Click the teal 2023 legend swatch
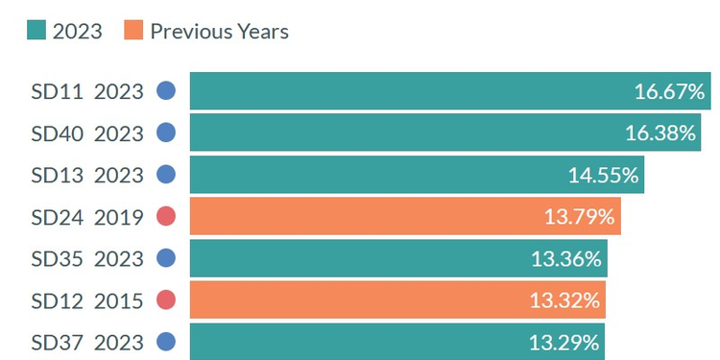tap(37, 31)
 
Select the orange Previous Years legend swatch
tap(133, 31)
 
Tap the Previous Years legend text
tap(219, 31)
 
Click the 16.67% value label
tap(669, 92)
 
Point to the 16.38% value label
tap(660, 133)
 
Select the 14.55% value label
tap(603, 175)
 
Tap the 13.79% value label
tap(579, 217)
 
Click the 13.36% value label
tap(566, 258)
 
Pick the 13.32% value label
tap(564, 300)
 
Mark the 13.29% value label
tap(564, 342)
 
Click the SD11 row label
tap(58, 92)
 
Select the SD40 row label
tap(58, 133)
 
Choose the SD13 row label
tap(58, 175)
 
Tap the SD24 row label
tap(58, 217)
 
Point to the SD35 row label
tap(58, 258)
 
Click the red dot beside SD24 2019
tap(166, 217)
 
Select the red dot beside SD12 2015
tap(166, 300)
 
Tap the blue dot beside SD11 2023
tap(166, 91)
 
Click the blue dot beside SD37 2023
tap(166, 342)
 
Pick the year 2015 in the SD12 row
tap(118, 300)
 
